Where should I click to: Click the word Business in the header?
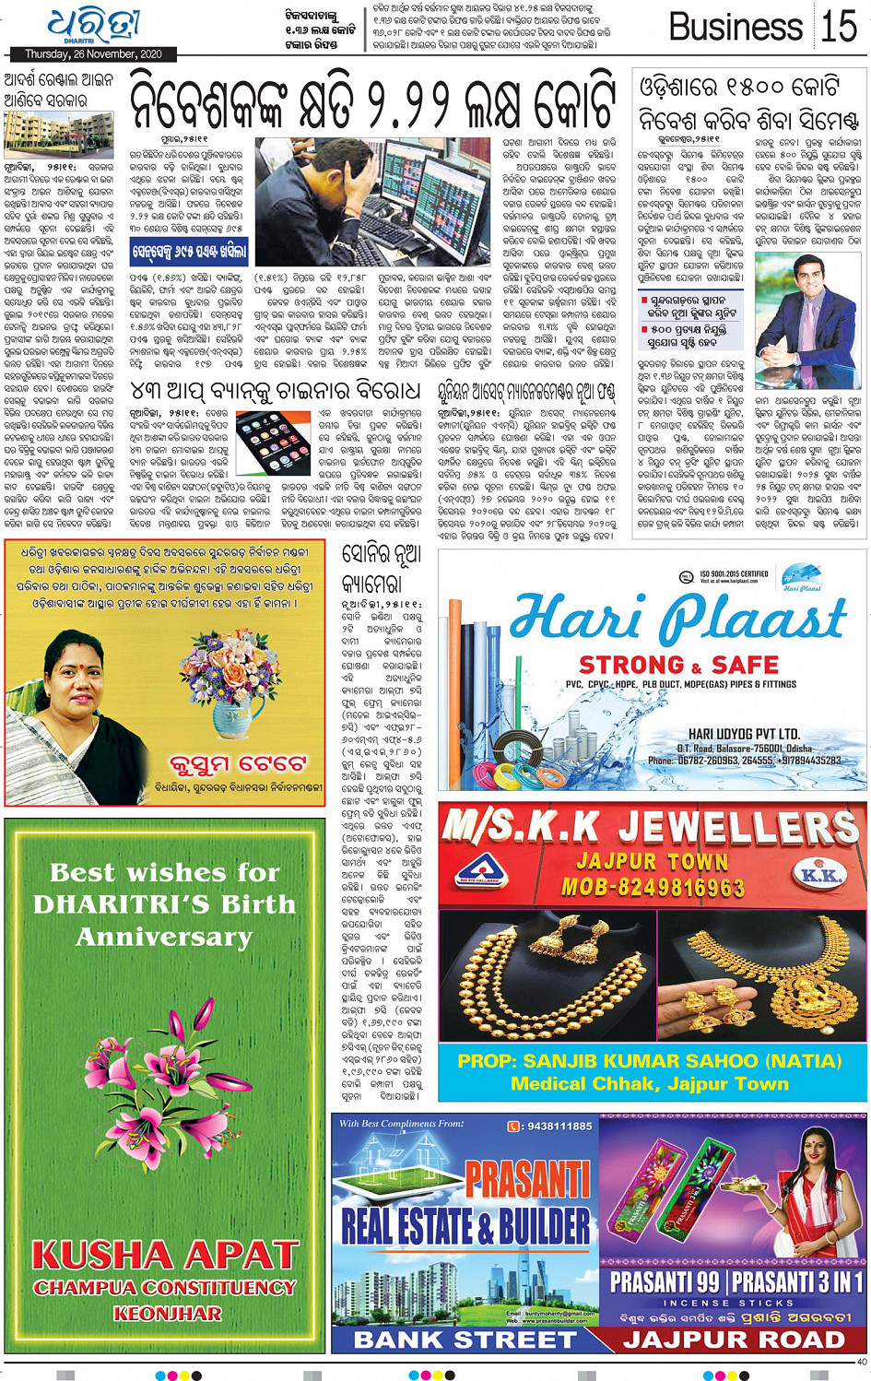click(735, 27)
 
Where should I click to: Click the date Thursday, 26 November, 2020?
click(93, 54)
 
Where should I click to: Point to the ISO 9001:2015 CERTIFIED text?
click(735, 573)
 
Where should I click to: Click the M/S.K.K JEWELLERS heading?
click(651, 827)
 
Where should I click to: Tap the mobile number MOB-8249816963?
click(653, 888)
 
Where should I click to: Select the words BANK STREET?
click(465, 1340)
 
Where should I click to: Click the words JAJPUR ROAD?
click(734, 1340)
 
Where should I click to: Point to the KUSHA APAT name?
click(165, 1256)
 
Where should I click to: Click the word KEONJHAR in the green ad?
click(167, 1313)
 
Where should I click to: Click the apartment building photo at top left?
click(58, 136)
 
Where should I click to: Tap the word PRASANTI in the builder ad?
click(527, 1179)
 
